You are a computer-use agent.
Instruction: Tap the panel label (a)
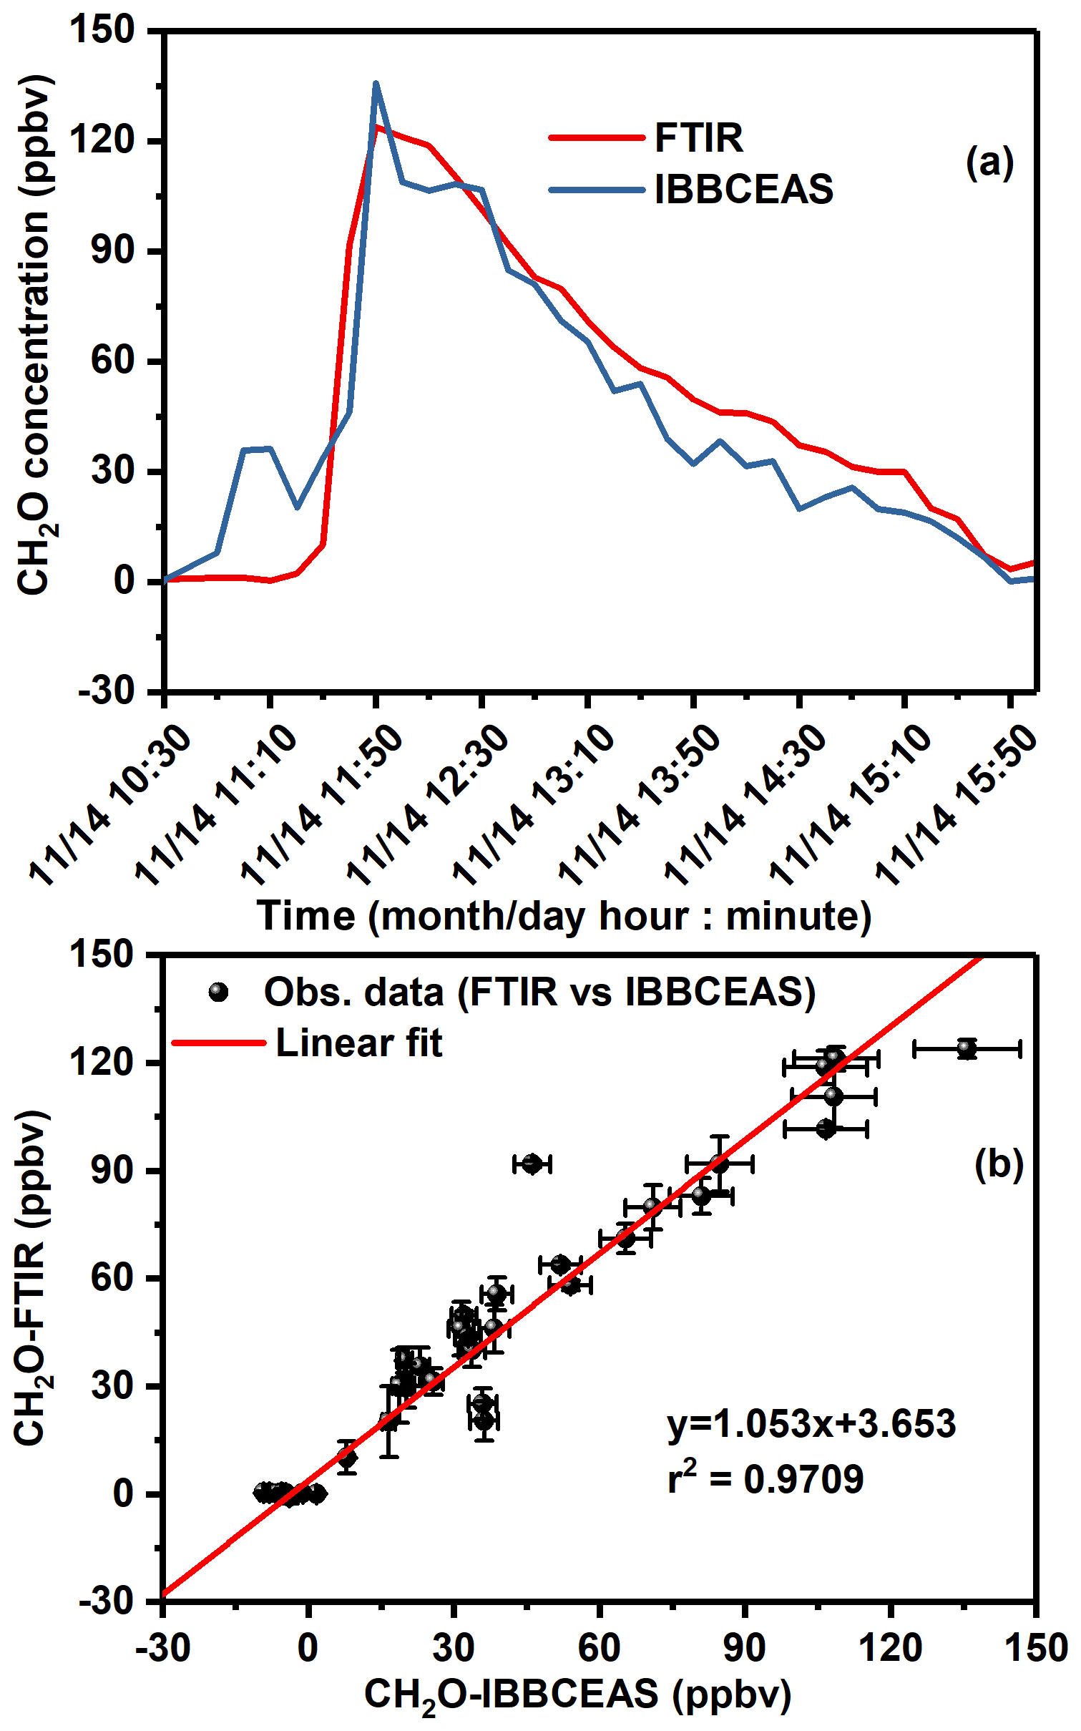(989, 162)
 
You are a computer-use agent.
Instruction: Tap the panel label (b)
(999, 1164)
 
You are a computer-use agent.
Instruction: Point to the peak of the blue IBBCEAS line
(376, 84)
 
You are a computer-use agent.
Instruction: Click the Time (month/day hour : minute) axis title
(564, 916)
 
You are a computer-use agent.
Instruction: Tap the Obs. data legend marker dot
(218, 992)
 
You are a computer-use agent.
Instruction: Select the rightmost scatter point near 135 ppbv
(967, 1049)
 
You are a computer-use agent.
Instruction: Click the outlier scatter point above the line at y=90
(532, 1164)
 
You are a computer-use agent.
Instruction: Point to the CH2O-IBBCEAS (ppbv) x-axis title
(577, 1695)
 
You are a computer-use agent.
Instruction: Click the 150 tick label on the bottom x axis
(1035, 1647)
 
